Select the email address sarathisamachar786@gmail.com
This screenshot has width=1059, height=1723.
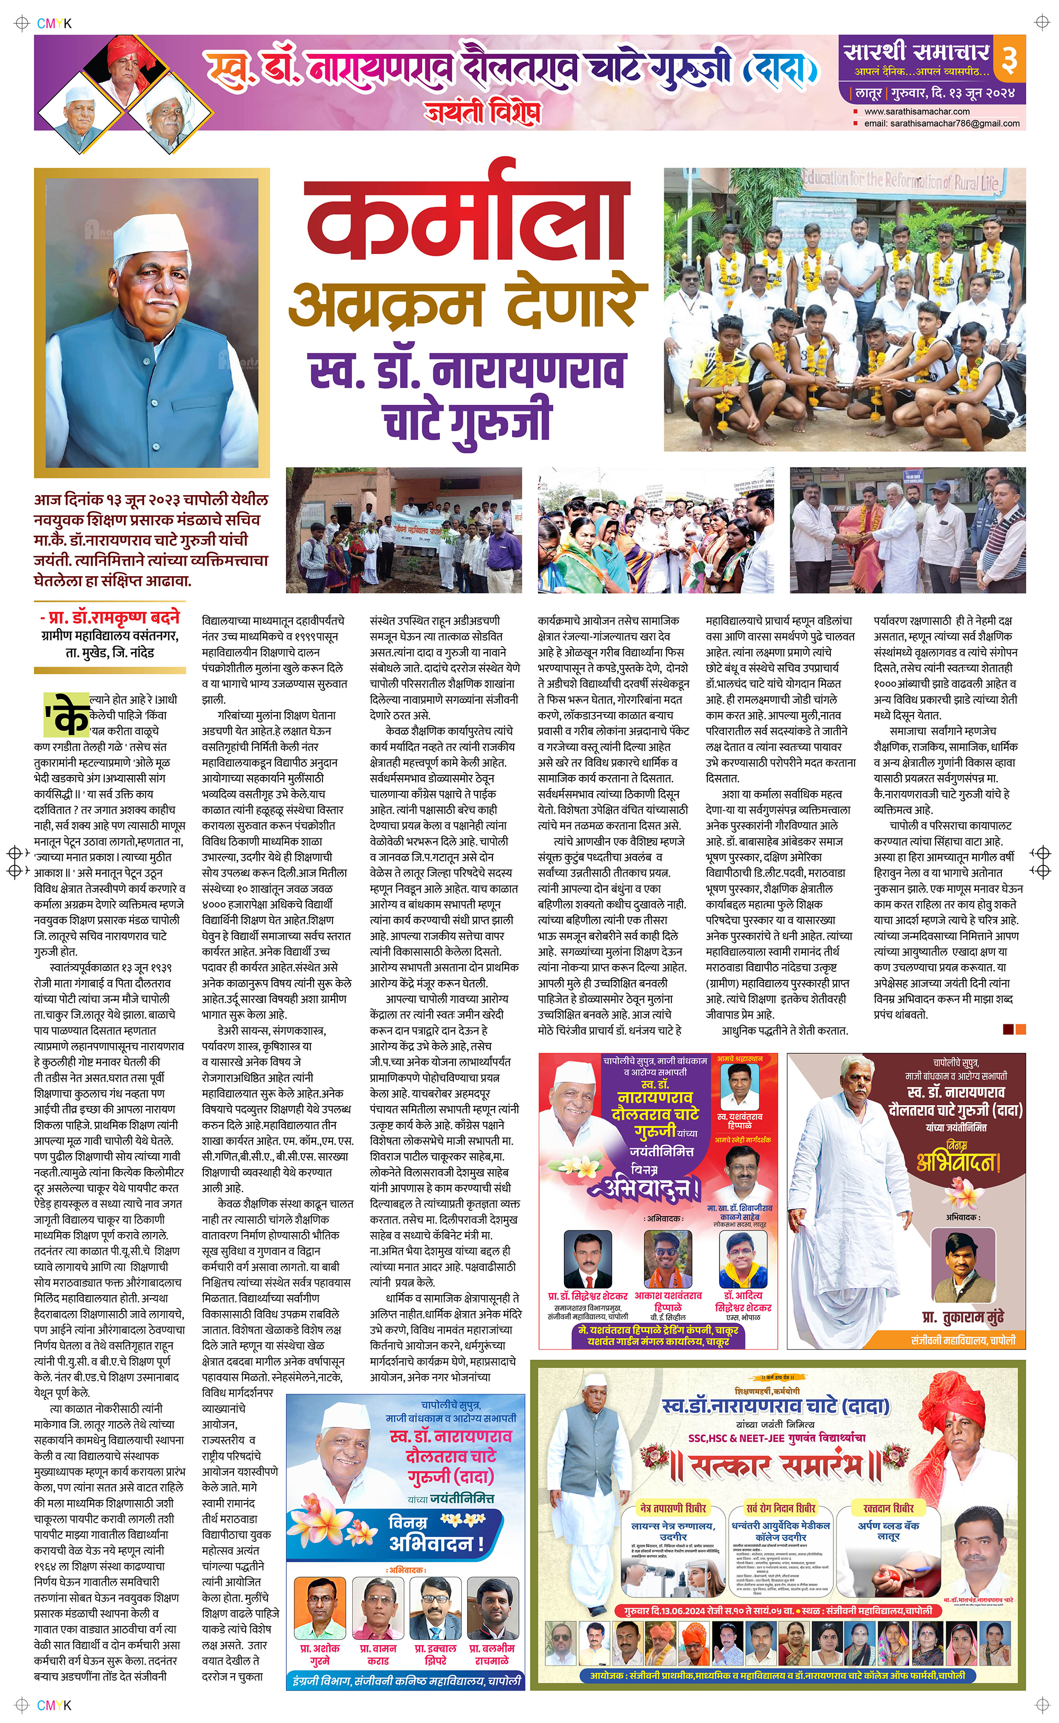[x=941, y=123]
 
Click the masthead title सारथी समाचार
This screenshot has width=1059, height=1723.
[x=916, y=51]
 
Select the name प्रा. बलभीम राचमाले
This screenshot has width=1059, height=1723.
[x=492, y=1655]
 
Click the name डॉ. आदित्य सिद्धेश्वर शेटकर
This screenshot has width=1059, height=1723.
[x=742, y=1302]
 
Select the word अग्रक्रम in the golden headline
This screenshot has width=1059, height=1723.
[x=385, y=303]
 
